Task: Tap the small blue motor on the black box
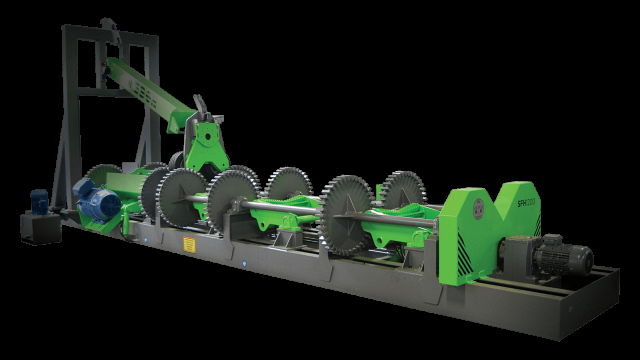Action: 41,199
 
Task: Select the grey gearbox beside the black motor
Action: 519,258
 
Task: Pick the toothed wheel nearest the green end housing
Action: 403,195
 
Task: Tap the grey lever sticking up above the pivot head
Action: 201,106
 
